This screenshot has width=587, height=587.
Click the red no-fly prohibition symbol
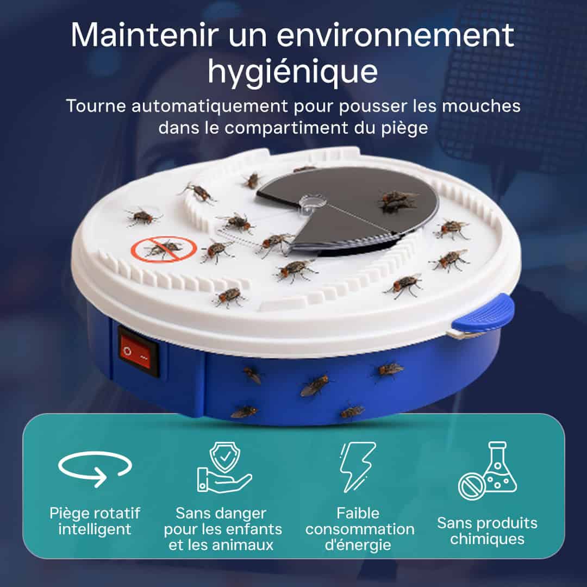[164, 249]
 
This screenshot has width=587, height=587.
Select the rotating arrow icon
[95, 469]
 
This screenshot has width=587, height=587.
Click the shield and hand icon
[224, 467]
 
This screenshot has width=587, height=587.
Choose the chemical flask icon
[488, 471]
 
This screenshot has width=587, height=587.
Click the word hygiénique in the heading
[293, 71]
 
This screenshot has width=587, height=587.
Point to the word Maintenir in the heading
[144, 35]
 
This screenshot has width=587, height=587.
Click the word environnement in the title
[395, 35]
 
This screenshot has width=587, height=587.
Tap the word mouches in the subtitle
[481, 106]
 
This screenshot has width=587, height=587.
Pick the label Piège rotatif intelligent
[95, 521]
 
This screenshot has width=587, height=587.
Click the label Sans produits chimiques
[487, 531]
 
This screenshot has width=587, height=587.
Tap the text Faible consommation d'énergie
[359, 529]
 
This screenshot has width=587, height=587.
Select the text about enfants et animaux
[223, 529]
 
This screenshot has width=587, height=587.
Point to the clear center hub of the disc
[313, 203]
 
